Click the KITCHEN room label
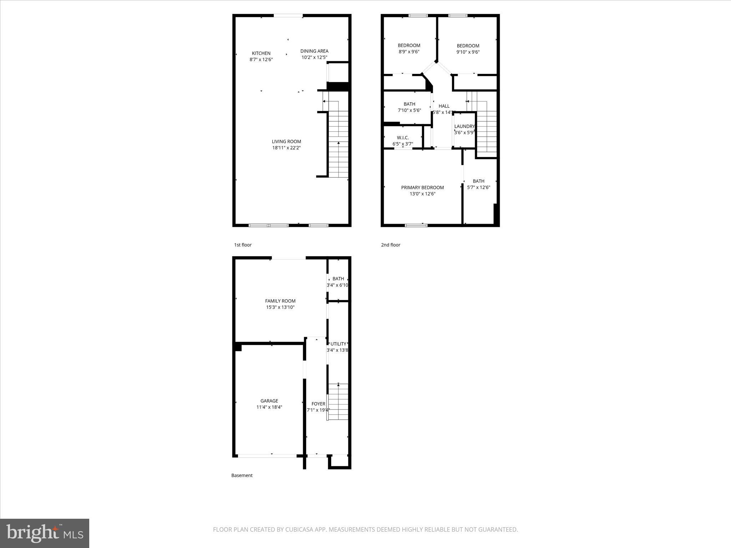(261, 54)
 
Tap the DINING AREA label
(314, 51)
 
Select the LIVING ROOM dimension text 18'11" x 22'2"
(286, 148)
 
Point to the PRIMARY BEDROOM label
(422, 188)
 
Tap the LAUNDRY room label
(464, 126)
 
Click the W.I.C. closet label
(403, 138)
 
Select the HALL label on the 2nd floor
(444, 106)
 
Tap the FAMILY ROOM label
(280, 301)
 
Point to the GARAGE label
(269, 401)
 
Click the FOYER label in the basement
(318, 404)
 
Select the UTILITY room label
(338, 344)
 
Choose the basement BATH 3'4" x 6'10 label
(338, 281)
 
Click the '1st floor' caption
(243, 245)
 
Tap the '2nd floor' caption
(390, 245)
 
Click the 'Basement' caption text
(242, 475)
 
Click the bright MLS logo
(45, 533)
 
